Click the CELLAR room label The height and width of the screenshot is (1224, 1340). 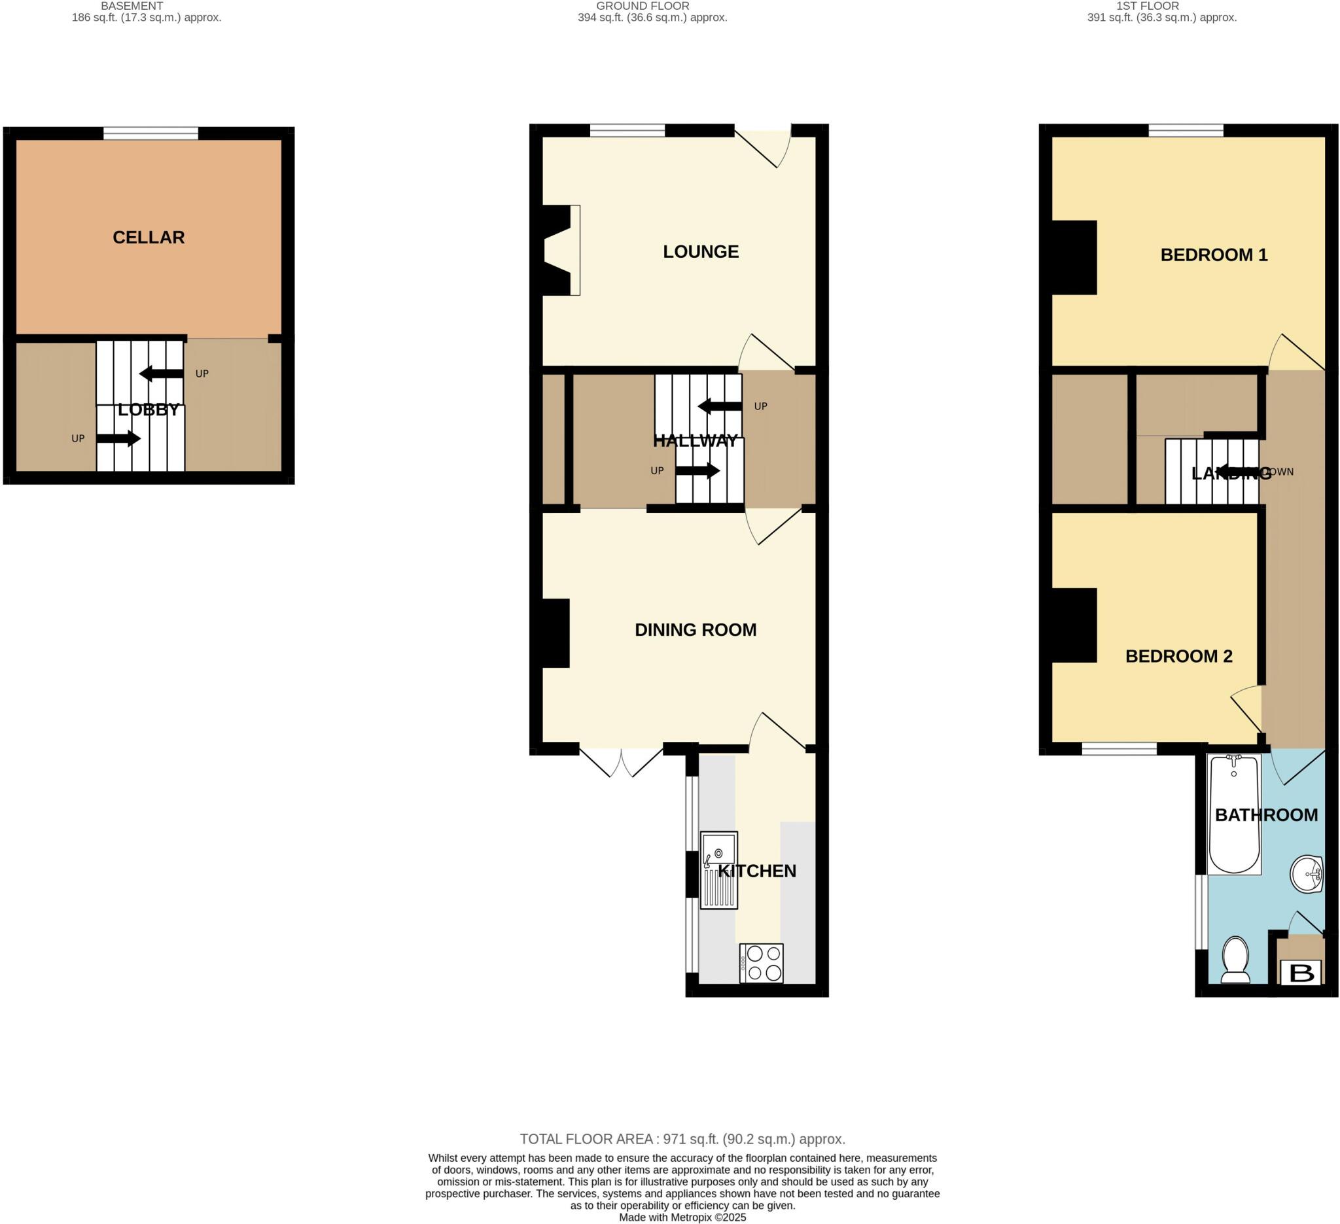coord(149,237)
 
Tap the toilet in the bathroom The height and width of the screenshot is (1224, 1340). coord(1236,959)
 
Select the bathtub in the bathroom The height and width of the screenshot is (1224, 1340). coord(1234,814)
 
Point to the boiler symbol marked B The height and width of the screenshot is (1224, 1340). coord(1301,973)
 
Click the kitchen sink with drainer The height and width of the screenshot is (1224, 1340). coord(718,870)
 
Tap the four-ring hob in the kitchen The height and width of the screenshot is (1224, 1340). coord(762,963)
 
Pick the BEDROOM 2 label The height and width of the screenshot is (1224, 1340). coord(1178,657)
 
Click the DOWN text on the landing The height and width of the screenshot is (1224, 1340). coord(1279,472)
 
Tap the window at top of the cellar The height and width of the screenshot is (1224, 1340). coord(151,133)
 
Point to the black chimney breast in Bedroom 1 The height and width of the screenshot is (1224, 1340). coord(1074,257)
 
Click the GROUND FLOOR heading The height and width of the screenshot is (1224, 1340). coord(642,6)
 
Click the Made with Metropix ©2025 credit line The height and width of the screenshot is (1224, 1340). coord(682,1217)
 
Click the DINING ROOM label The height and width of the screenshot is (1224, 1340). coord(696,630)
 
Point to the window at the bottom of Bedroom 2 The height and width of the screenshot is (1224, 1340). coord(1119,750)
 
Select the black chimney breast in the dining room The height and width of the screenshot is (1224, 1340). coord(555,633)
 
